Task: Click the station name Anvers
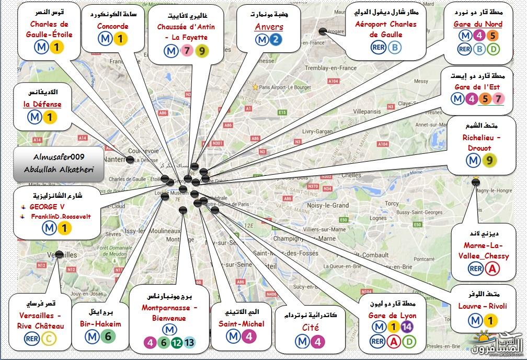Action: point(269,27)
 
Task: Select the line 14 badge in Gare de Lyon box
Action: point(407,327)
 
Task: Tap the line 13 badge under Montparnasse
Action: point(189,343)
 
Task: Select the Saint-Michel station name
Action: point(242,324)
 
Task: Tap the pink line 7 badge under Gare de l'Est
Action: point(499,98)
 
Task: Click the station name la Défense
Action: point(42,104)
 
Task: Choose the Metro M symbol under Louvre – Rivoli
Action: point(475,320)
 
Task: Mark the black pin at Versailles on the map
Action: point(59,255)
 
